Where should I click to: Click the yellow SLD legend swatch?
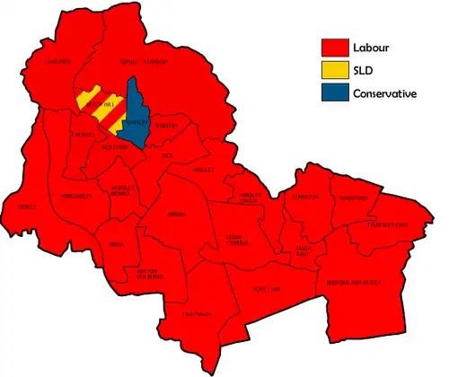click(x=336, y=70)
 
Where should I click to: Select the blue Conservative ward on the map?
click(x=136, y=117)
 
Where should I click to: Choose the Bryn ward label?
click(x=115, y=244)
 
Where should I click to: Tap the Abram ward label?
click(x=177, y=215)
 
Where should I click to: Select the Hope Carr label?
click(x=270, y=290)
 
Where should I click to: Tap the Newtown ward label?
click(x=115, y=146)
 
